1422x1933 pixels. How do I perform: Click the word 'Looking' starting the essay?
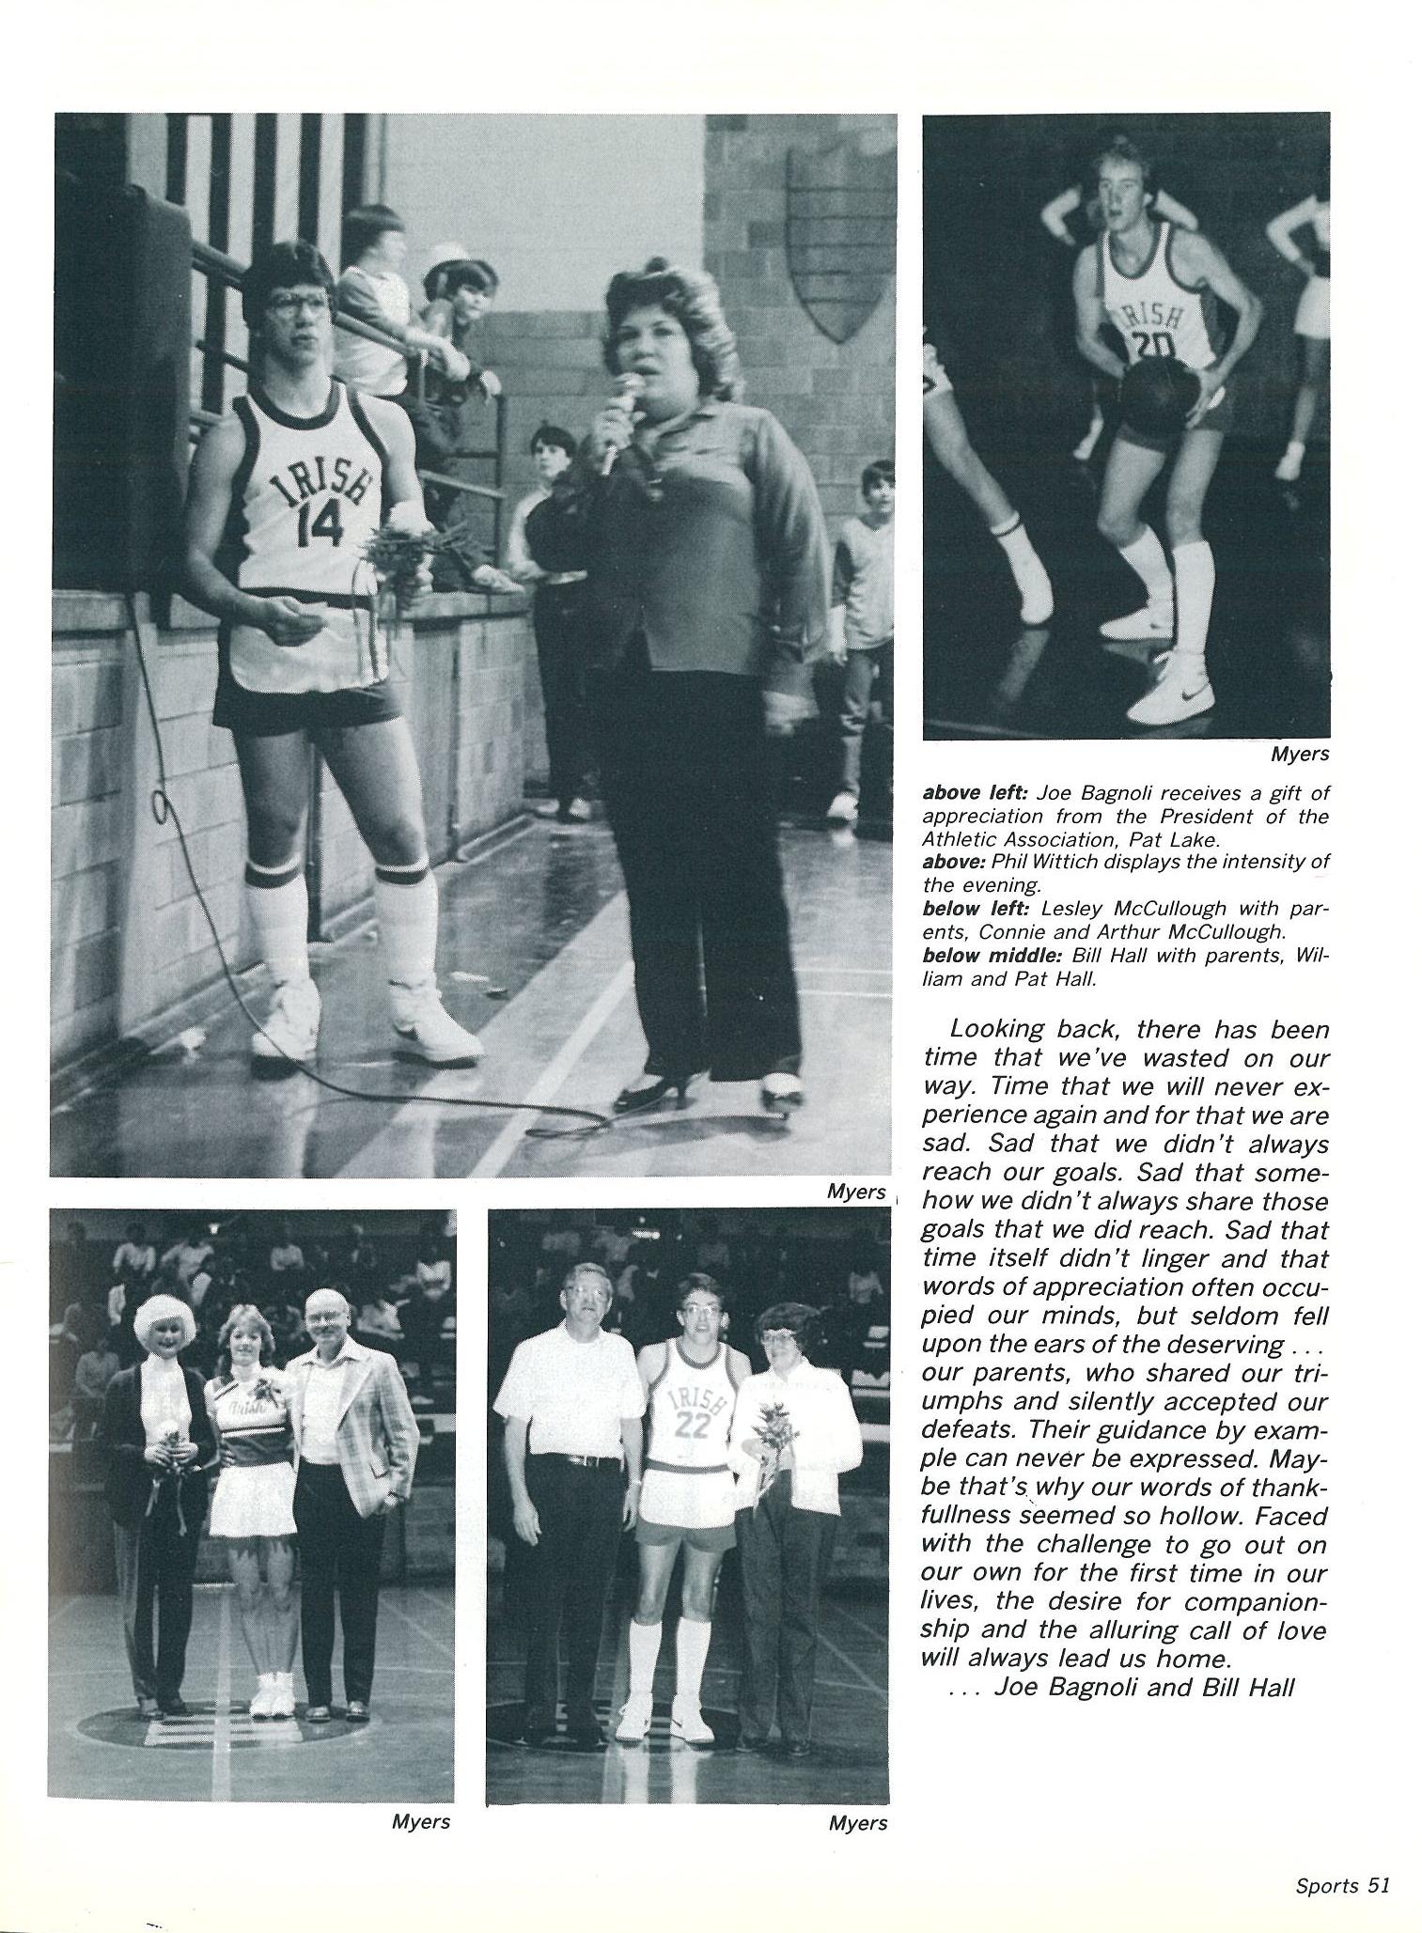[x=996, y=1030]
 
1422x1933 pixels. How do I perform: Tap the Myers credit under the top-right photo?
[x=1300, y=754]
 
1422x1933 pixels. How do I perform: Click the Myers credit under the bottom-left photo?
[x=420, y=1822]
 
